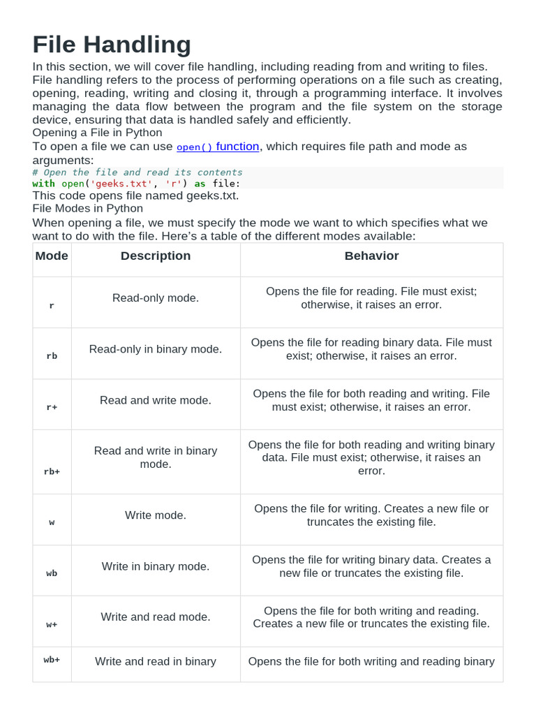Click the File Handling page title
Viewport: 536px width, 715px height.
pyautogui.click(x=112, y=45)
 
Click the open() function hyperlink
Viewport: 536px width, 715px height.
pyautogui.click(x=218, y=147)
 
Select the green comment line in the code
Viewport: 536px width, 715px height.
pyautogui.click(x=137, y=172)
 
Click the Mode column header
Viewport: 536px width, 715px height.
pyautogui.click(x=52, y=256)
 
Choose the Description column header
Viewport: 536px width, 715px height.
pyautogui.click(x=156, y=256)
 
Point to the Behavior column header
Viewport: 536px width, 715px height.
pyautogui.click(x=371, y=256)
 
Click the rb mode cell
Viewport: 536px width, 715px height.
pyautogui.click(x=52, y=356)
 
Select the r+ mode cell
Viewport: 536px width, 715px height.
pyautogui.click(x=52, y=407)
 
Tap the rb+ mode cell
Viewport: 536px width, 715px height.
pyautogui.click(x=52, y=471)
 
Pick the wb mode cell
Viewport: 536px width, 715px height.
pyautogui.click(x=52, y=573)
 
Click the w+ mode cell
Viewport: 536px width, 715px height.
pyautogui.click(x=52, y=624)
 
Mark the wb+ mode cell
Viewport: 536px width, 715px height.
pyautogui.click(x=52, y=659)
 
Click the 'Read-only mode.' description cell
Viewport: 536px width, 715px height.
pyautogui.click(x=156, y=298)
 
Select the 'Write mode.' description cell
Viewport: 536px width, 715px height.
pyautogui.click(x=156, y=515)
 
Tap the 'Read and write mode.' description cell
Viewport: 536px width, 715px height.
pyautogui.click(x=156, y=400)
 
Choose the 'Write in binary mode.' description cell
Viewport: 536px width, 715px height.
pyautogui.click(x=156, y=566)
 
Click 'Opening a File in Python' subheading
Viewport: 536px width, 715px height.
pyautogui.click(x=97, y=133)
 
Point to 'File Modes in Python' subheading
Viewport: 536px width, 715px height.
pyautogui.click(x=88, y=208)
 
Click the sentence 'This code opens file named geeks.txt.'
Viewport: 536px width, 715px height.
pyautogui.click(x=135, y=196)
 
